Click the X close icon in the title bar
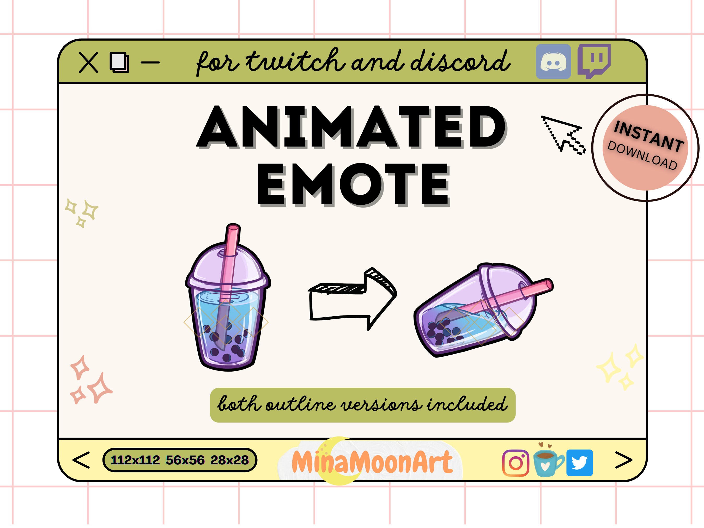point(88,63)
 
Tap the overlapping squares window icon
point(119,62)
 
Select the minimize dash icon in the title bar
point(150,62)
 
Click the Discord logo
point(553,62)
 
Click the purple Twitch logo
point(594,60)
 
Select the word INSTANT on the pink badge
point(649,136)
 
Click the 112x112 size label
point(135,460)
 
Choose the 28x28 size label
point(229,460)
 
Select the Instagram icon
point(515,463)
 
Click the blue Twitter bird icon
point(579,463)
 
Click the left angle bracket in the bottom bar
point(81,460)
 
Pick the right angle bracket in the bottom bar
point(623,460)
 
